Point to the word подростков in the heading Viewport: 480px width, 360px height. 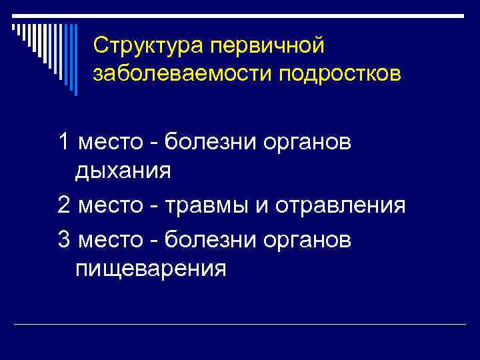(337, 73)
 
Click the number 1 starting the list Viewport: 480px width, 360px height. (64, 141)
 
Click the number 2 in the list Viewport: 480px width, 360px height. (64, 205)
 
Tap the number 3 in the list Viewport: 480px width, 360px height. (64, 238)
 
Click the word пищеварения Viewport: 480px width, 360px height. (151, 269)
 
